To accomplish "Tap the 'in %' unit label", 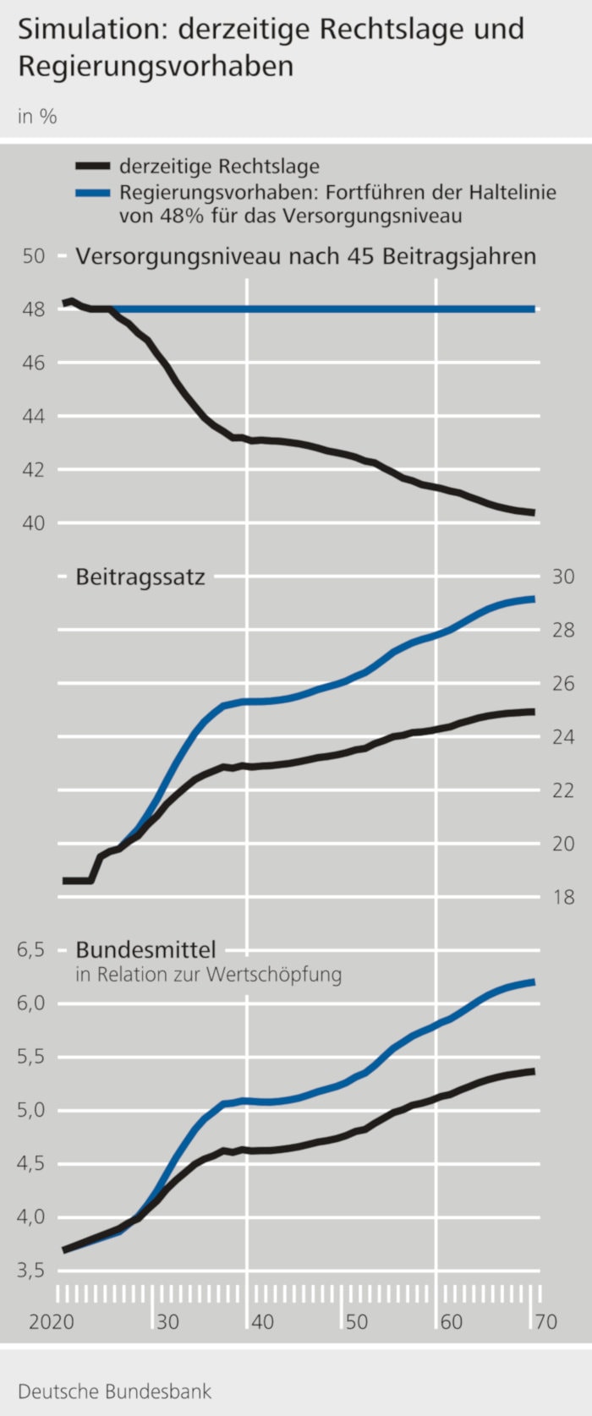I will [37, 117].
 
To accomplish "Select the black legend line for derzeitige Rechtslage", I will [92, 167].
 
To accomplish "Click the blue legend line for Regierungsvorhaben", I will [92, 193].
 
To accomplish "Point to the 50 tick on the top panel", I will [33, 255].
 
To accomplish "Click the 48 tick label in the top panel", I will [33, 309].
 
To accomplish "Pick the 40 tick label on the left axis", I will [33, 523].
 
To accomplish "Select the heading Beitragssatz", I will [140, 577].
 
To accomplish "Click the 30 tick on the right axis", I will [563, 577].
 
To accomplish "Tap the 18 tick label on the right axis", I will [563, 897].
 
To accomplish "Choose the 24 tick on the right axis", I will [563, 737].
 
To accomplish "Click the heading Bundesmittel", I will [145, 950].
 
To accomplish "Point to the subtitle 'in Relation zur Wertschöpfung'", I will [209, 975].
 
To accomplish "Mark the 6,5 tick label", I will [30, 950].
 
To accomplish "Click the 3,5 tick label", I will [30, 1271].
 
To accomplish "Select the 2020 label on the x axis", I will [51, 1321].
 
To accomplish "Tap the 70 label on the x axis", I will [546, 1321].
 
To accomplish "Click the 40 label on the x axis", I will [262, 1321].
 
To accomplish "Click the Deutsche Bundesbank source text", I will [115, 1391].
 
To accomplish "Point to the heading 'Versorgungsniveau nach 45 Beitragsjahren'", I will [306, 256].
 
